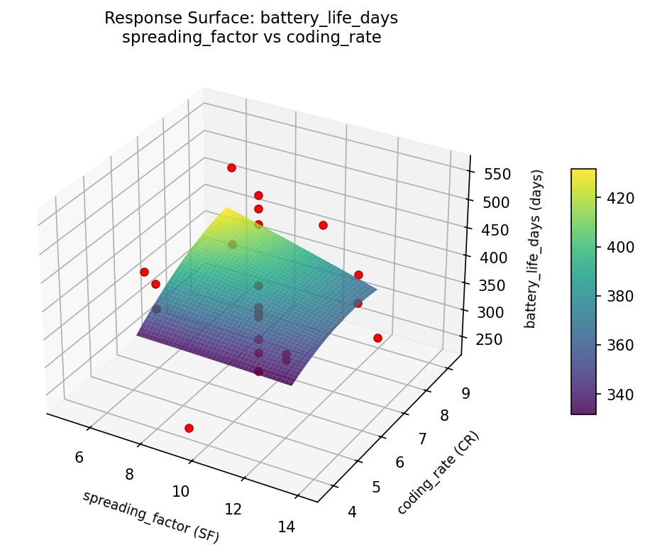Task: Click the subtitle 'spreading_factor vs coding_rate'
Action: (x=251, y=38)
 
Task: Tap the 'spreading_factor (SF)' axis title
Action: (x=150, y=517)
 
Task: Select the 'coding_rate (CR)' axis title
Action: (x=438, y=473)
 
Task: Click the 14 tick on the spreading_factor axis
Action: (x=287, y=526)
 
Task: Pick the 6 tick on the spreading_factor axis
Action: (x=79, y=457)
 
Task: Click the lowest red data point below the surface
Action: (x=189, y=428)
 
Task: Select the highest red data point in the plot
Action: (x=231, y=167)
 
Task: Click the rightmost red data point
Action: (x=377, y=338)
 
